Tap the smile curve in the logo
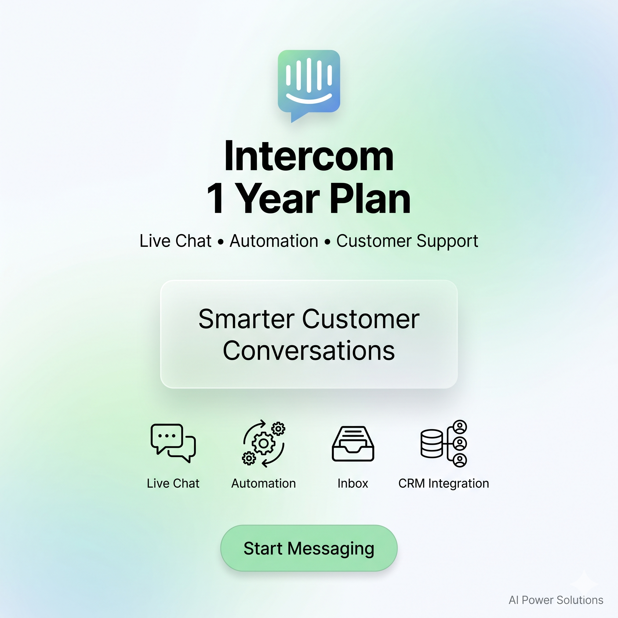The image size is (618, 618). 309,100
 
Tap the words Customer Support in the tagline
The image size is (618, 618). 407,241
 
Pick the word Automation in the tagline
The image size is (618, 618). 274,241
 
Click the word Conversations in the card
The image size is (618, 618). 309,351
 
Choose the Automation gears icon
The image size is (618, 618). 263,443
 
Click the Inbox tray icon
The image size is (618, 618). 353,443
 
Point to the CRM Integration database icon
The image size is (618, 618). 444,443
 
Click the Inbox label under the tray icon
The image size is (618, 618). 353,483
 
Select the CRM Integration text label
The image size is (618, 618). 444,484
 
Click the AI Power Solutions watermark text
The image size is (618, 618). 556,600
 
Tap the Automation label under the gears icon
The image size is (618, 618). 263,483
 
